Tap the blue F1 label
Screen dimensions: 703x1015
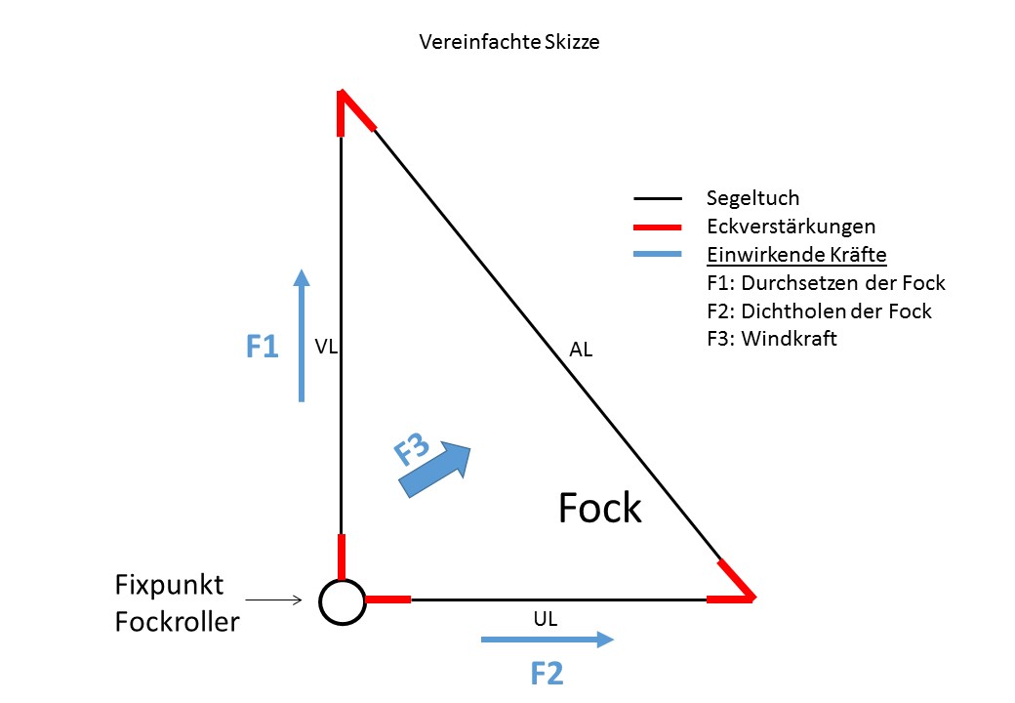[x=262, y=347]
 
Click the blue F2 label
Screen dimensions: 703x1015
[x=547, y=673]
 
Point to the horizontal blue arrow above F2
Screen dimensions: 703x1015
[x=547, y=640]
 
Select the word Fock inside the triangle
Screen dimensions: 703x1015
[x=599, y=509]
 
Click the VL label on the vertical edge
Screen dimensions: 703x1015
[x=326, y=347]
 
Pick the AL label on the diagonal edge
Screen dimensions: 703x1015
[x=581, y=350]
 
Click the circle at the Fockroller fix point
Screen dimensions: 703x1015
[x=342, y=600]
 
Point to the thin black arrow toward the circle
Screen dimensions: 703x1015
[x=274, y=600]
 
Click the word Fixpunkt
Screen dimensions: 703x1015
[x=170, y=586]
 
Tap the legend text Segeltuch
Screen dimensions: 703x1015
[x=752, y=199]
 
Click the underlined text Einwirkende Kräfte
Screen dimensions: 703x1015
[x=796, y=256]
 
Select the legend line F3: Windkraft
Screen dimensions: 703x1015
[x=772, y=341]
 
